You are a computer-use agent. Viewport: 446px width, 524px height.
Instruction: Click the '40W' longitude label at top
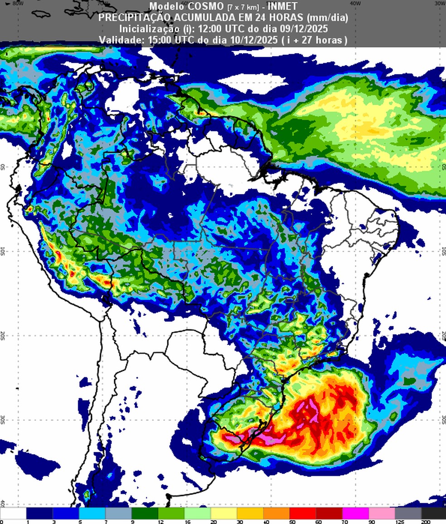coord(355,3)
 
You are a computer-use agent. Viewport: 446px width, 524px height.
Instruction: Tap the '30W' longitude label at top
coord(439,3)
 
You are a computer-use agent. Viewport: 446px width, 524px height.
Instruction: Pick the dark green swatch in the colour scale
coord(145,513)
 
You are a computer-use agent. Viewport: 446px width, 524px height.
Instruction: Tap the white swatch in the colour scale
coord(14,513)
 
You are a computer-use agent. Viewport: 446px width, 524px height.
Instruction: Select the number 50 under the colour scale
coord(290,522)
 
